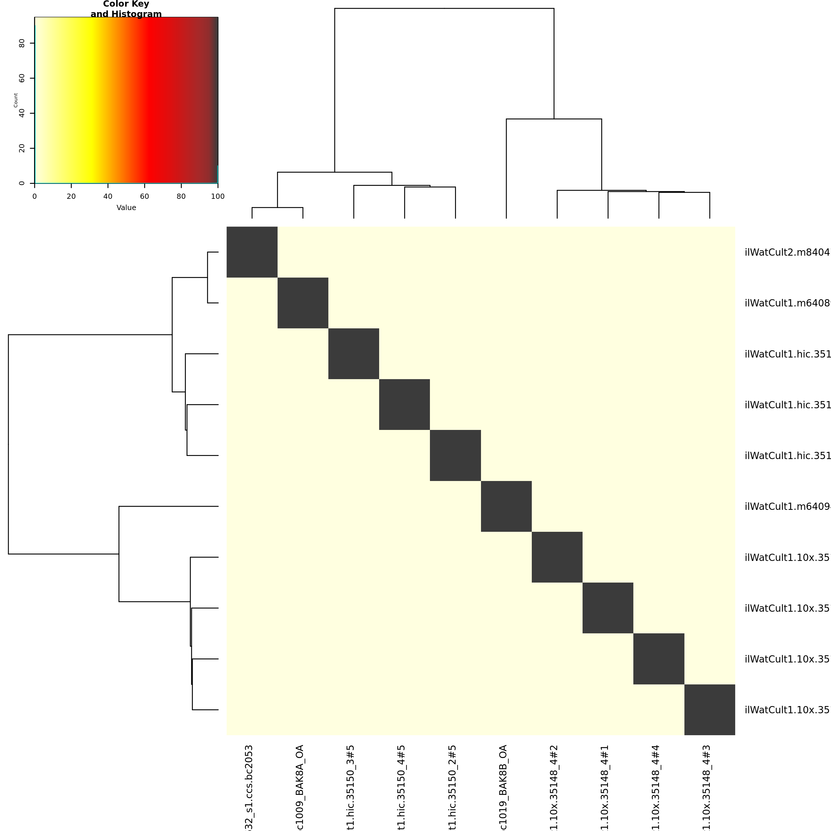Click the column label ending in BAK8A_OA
click(x=300, y=787)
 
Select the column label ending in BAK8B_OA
click(x=503, y=787)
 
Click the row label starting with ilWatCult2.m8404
click(x=787, y=252)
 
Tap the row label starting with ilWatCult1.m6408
click(x=787, y=303)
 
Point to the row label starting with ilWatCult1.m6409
click(x=787, y=507)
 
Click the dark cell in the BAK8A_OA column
click(x=303, y=303)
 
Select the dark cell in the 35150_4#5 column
click(x=404, y=404)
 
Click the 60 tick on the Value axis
click(x=145, y=196)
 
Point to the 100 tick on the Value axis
click(x=218, y=196)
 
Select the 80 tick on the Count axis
click(x=22, y=43)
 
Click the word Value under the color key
click(x=126, y=208)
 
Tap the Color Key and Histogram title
click(x=126, y=9)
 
